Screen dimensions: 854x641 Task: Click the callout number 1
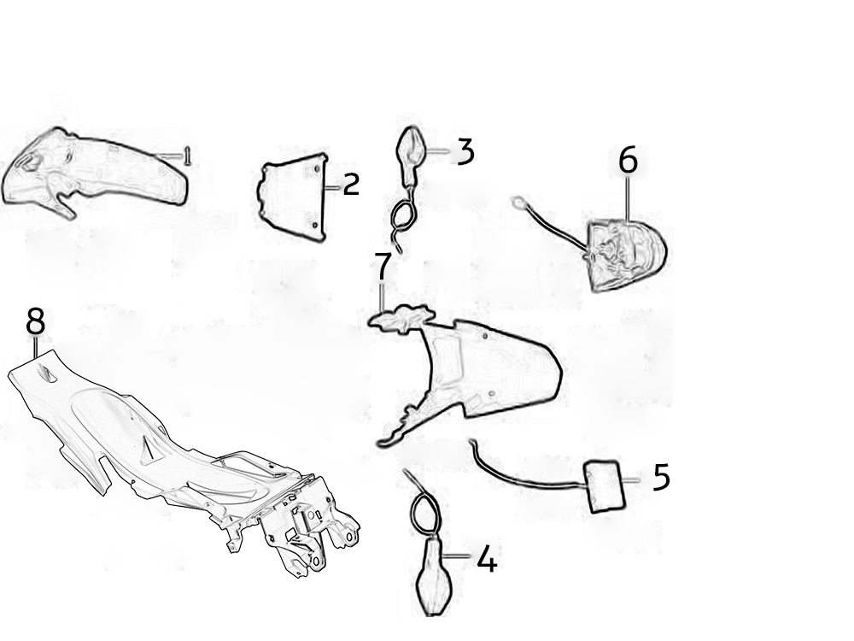187,156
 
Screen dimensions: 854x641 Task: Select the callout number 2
352,185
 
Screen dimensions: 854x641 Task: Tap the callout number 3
465,151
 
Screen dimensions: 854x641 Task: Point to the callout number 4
487,560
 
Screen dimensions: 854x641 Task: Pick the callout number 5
661,478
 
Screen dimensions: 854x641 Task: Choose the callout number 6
628,161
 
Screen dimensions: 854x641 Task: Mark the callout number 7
383,267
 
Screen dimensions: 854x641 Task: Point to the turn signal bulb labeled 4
434,575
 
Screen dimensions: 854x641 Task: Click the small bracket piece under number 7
402,318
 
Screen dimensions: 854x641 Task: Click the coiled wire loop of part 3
404,215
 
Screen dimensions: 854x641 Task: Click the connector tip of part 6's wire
518,203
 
